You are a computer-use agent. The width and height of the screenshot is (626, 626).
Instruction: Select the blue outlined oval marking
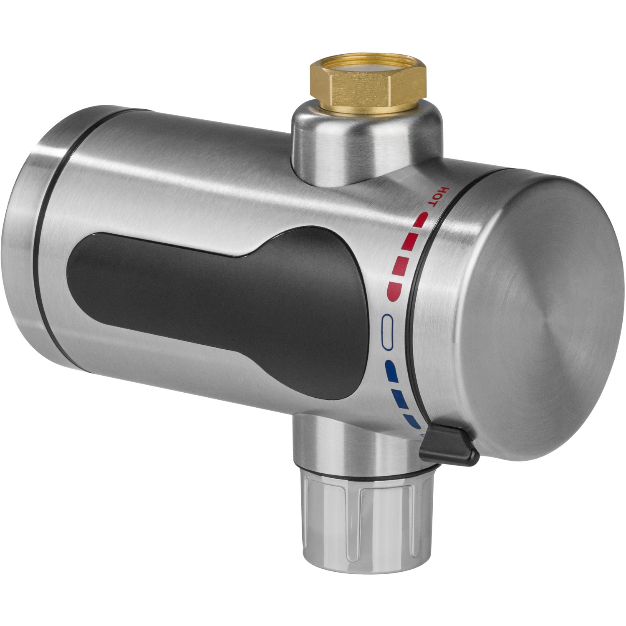tap(387, 330)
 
